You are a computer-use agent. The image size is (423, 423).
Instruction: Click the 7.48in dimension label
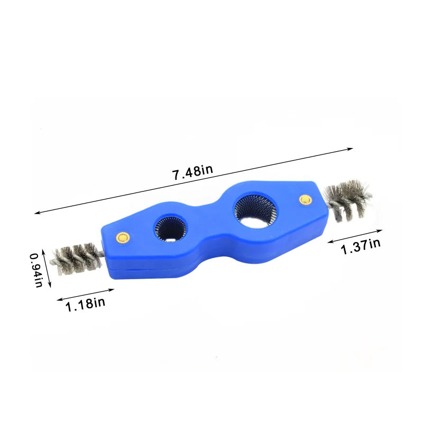[192, 172]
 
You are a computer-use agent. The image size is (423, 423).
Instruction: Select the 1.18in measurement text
[85, 304]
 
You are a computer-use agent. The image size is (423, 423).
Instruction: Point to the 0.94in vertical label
[36, 270]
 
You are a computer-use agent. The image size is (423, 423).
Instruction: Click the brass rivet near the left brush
[123, 237]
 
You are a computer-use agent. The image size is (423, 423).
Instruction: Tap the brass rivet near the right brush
[306, 200]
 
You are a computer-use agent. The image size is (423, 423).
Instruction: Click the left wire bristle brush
[76, 259]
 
